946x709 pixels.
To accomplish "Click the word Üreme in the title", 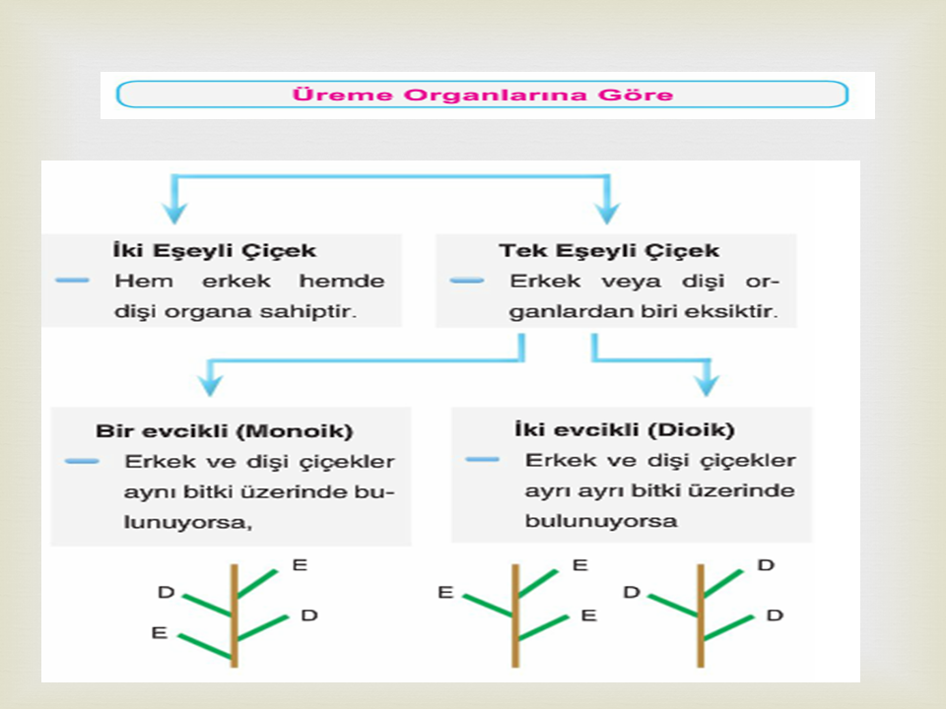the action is coord(342,95).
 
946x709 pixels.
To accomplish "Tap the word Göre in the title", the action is coord(635,95).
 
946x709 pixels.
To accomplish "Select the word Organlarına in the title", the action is coord(495,96).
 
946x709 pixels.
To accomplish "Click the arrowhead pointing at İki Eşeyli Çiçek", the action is coord(175,212).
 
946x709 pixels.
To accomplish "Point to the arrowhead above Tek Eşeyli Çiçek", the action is coord(607,212).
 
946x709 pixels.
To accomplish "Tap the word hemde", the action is coord(342,281).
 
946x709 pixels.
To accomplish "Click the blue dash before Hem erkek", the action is coord(72,281).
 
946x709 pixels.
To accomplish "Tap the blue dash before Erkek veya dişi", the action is coord(467,281).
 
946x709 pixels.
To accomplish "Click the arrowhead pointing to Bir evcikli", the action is coord(210,383).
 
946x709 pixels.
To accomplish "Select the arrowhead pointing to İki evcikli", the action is coord(707,383).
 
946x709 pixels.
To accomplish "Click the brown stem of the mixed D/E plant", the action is coord(235,615).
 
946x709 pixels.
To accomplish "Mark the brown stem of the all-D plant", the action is coord(701,615).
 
